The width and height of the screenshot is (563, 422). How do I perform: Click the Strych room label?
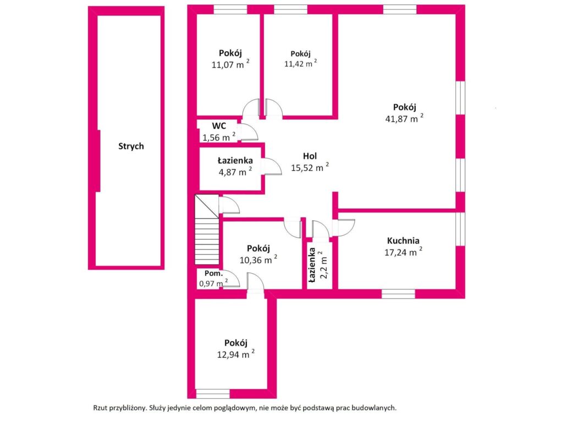click(131, 146)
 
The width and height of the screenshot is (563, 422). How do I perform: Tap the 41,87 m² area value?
click(404, 118)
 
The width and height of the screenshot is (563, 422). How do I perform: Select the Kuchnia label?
click(403, 241)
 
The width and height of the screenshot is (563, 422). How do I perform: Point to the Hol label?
click(310, 156)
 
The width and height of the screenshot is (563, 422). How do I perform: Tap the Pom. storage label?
click(214, 274)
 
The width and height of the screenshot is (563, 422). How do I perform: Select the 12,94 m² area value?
click(235, 354)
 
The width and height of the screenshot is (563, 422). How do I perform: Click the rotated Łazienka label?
click(312, 265)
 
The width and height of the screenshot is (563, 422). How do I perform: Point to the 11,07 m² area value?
click(230, 65)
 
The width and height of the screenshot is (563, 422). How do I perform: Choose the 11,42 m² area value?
click(300, 64)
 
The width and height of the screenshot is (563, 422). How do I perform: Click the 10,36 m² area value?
click(257, 260)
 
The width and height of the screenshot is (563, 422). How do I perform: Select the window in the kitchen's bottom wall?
click(398, 293)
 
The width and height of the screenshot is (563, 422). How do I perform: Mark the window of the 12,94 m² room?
click(213, 393)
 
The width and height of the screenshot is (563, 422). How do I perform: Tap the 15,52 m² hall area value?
click(310, 168)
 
